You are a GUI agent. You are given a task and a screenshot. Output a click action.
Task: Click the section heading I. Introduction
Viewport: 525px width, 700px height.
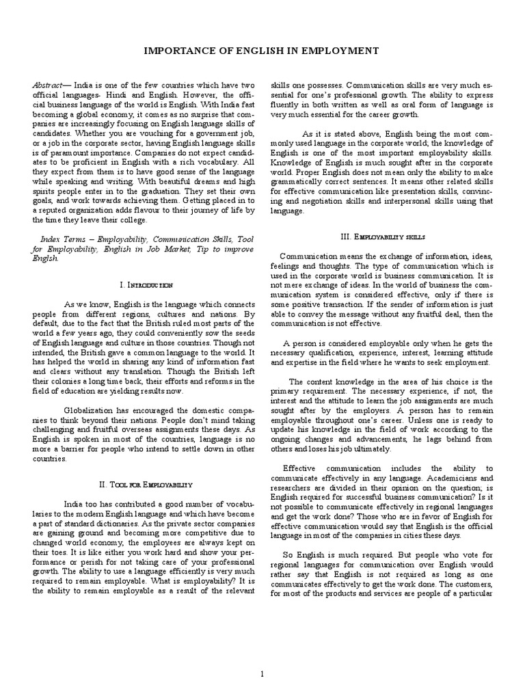tap(146, 284)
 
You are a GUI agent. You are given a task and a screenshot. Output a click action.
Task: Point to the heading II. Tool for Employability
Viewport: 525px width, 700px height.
tap(146, 464)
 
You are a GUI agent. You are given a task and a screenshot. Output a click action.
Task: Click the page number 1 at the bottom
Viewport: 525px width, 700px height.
tap(262, 655)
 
